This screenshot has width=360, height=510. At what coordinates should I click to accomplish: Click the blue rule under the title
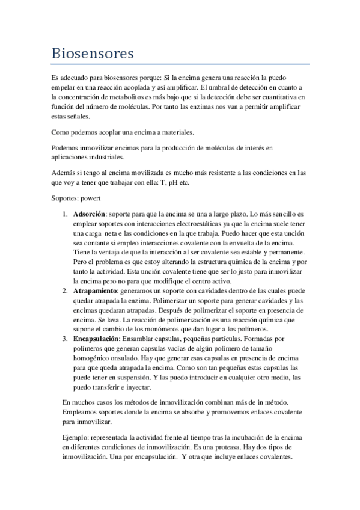coord(180,64)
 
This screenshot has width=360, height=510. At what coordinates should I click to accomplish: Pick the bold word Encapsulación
coord(97,338)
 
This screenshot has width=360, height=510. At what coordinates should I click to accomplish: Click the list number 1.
coord(64,213)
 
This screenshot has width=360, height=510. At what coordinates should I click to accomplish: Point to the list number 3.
coord(64,338)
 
